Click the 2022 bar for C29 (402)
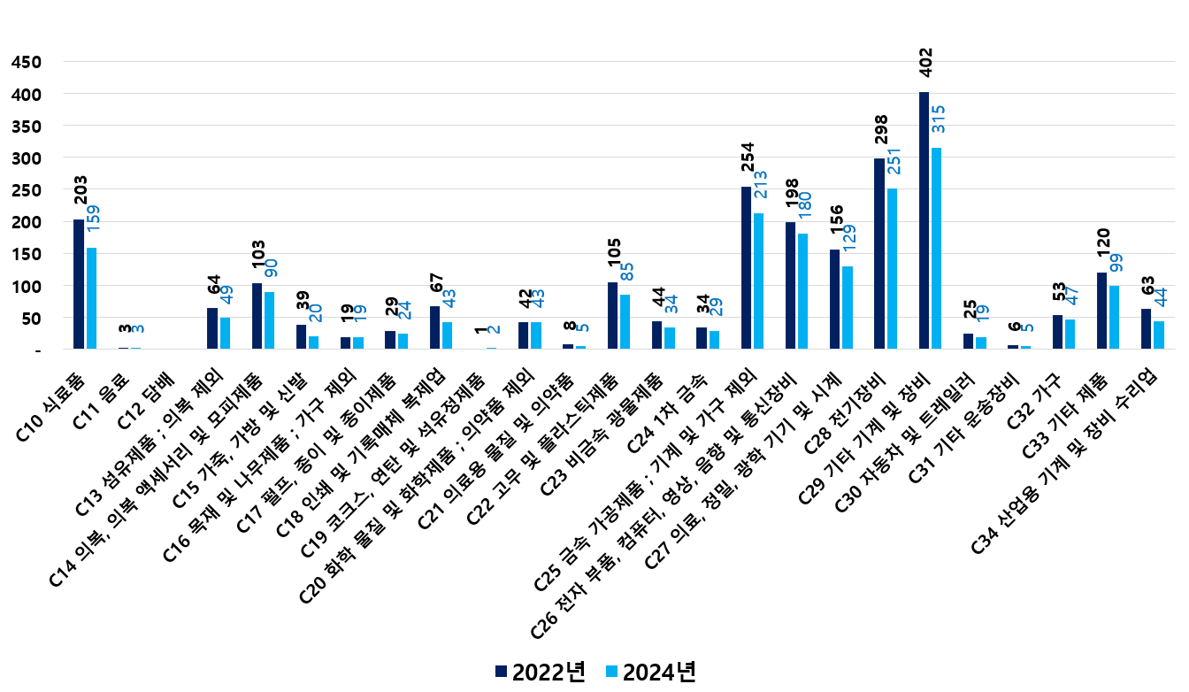[x=924, y=220]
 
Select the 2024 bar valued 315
[x=937, y=248]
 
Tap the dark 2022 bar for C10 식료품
[x=79, y=284]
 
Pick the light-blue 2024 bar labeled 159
[x=91, y=298]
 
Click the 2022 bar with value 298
[x=878, y=253]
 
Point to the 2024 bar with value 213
[x=758, y=281]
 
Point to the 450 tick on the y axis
[x=27, y=62]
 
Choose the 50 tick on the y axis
[x=30, y=319]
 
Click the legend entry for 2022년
[x=541, y=672]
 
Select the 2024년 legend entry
[x=650, y=672]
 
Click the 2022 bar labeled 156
[x=834, y=299]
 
